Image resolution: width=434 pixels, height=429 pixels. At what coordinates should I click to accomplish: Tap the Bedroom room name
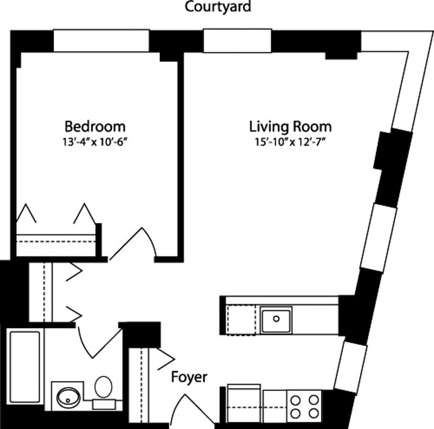tap(95, 127)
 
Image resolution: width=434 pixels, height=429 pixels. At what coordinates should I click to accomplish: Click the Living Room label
tap(290, 127)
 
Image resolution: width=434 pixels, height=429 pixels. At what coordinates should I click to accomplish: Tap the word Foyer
tap(189, 377)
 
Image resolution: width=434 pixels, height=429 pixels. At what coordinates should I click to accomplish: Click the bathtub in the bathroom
tap(25, 367)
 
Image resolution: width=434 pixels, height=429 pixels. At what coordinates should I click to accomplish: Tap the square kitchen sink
tap(276, 320)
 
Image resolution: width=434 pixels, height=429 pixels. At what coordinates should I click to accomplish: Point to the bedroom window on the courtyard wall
tap(101, 41)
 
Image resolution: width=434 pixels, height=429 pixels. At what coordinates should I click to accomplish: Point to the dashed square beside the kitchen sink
tap(240, 320)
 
